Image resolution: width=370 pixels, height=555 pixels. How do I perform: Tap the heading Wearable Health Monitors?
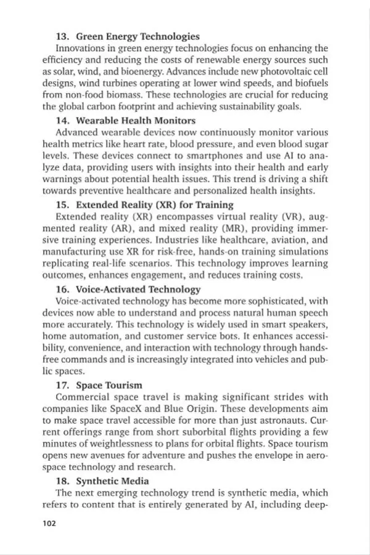tap(136, 120)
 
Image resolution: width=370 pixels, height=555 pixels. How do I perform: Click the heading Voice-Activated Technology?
tap(138, 289)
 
